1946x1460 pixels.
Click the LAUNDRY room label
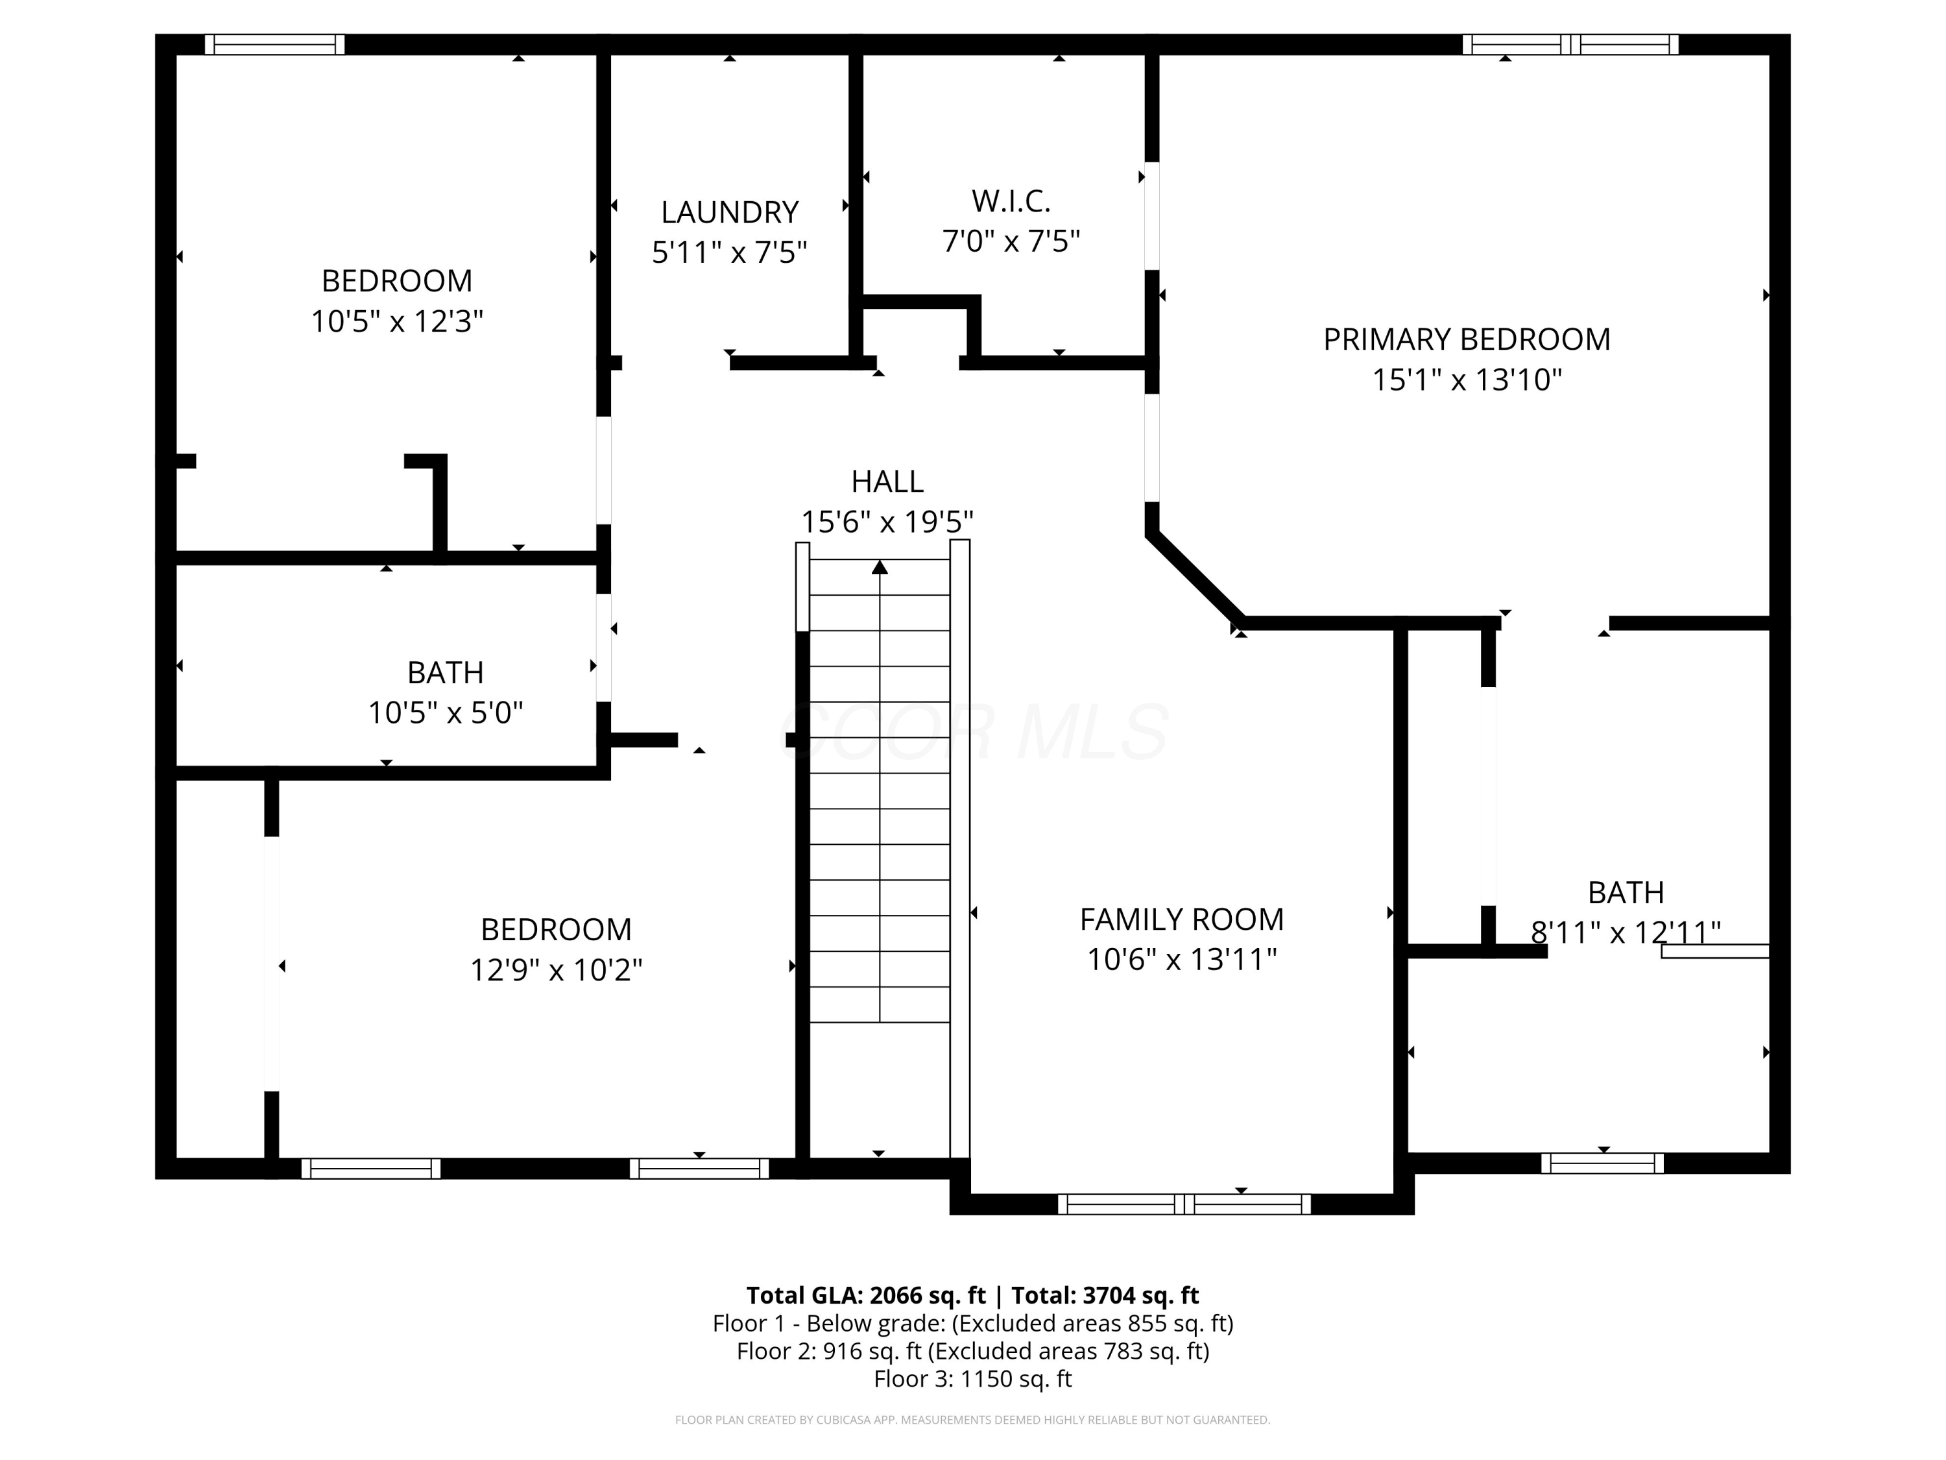[729, 212]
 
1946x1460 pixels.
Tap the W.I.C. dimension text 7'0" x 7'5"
[1011, 241]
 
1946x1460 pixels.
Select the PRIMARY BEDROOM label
[1467, 339]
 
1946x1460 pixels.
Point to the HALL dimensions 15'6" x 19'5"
[887, 522]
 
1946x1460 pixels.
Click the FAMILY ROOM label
[1181, 919]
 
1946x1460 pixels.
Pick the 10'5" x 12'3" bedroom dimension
[397, 321]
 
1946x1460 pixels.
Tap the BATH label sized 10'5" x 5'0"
[445, 672]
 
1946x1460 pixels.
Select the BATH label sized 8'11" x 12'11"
[1625, 892]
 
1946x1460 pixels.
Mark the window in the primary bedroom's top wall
[1570, 44]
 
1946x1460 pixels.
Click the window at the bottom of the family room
[1184, 1204]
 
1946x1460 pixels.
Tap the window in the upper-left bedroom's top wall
[274, 44]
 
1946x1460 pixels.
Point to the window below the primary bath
[1602, 1163]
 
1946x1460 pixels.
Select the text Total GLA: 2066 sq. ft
[866, 1295]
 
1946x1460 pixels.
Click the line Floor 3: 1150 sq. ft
[972, 1379]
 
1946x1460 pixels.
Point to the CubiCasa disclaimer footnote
[972, 1420]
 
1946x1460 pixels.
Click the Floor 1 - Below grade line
[972, 1324]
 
